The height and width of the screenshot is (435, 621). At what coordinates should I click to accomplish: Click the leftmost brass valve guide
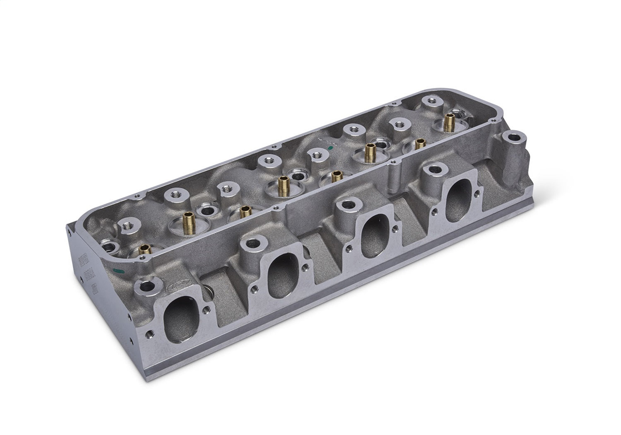point(144,250)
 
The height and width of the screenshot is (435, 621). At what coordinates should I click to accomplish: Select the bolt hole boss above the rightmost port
point(433,169)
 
